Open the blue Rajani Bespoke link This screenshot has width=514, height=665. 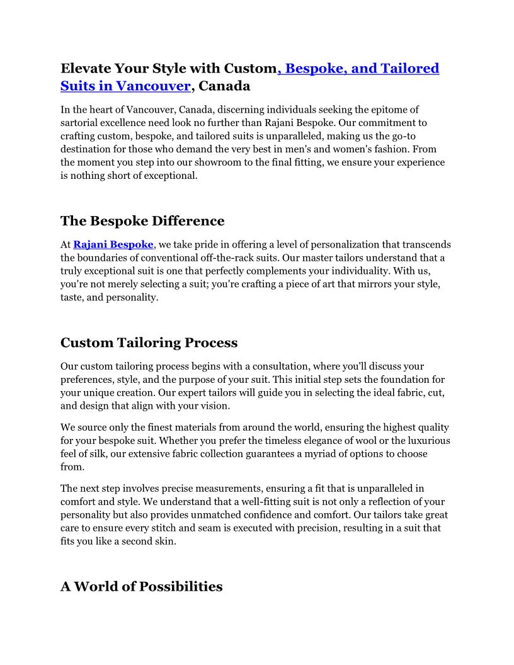(x=113, y=244)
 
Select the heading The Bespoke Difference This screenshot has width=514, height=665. (x=142, y=221)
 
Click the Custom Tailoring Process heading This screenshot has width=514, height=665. (x=149, y=343)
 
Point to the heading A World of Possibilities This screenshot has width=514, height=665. (x=141, y=586)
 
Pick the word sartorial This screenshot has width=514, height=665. (x=82, y=122)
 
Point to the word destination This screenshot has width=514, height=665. (x=88, y=149)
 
